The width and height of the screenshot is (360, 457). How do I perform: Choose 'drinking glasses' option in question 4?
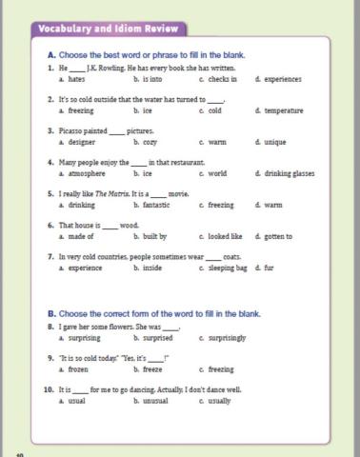coord(289,174)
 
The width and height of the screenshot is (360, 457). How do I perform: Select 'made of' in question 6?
coord(80,236)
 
